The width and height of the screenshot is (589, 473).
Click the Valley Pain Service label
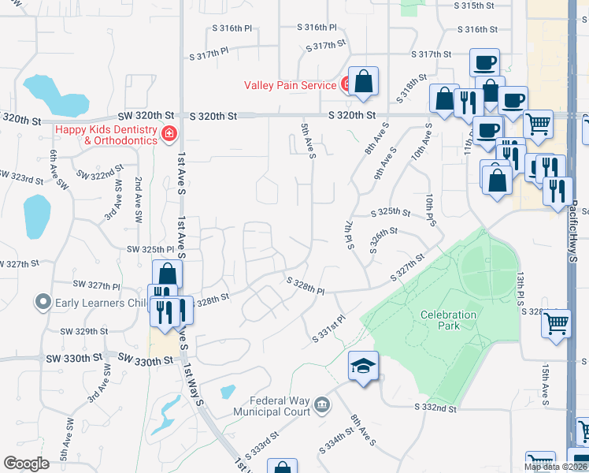[291, 85]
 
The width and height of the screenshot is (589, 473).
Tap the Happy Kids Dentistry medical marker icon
[168, 135]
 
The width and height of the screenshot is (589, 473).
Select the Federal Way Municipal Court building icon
[322, 406]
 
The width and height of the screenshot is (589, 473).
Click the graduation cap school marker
[363, 367]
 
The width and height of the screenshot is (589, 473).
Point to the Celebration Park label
[448, 319]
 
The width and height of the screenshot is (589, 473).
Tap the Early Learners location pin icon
[42, 302]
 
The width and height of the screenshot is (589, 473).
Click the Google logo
[26, 464]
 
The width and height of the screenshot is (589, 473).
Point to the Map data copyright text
[556, 467]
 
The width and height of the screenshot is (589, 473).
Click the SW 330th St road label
[146, 360]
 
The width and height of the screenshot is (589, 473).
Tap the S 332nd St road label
[436, 408]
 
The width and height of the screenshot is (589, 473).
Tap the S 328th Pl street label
[306, 285]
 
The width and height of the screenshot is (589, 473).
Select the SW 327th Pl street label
[96, 284]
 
